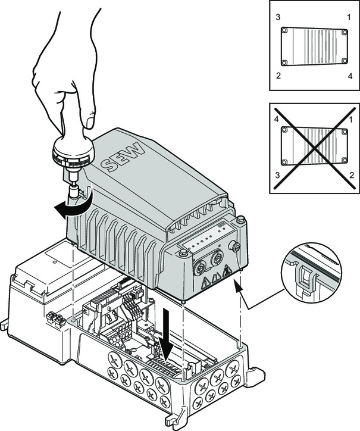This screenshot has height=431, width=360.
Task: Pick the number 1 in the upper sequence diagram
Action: tap(349, 17)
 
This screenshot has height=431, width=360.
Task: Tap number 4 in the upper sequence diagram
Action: tap(349, 76)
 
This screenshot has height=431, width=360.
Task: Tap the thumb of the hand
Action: tap(88, 116)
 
